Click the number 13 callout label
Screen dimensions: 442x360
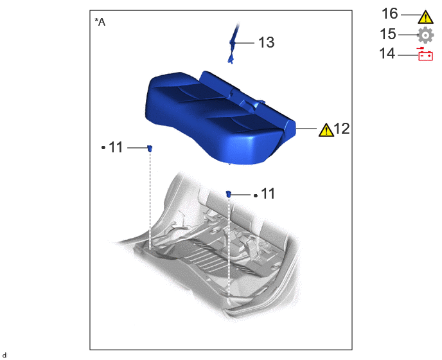pyautogui.click(x=266, y=42)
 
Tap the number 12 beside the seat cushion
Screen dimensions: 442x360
pyautogui.click(x=342, y=129)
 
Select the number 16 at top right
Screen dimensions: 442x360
pyautogui.click(x=390, y=14)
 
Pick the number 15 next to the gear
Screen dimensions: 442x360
pyautogui.click(x=388, y=34)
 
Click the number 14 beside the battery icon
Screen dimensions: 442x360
pyautogui.click(x=387, y=53)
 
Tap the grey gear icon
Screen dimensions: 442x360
pyautogui.click(x=425, y=35)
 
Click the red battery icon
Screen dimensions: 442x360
pyautogui.click(x=425, y=54)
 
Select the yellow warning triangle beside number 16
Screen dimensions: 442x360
pyautogui.click(x=426, y=17)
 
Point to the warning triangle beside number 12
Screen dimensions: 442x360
pyautogui.click(x=326, y=130)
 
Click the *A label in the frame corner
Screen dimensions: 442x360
pyautogui.click(x=100, y=22)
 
